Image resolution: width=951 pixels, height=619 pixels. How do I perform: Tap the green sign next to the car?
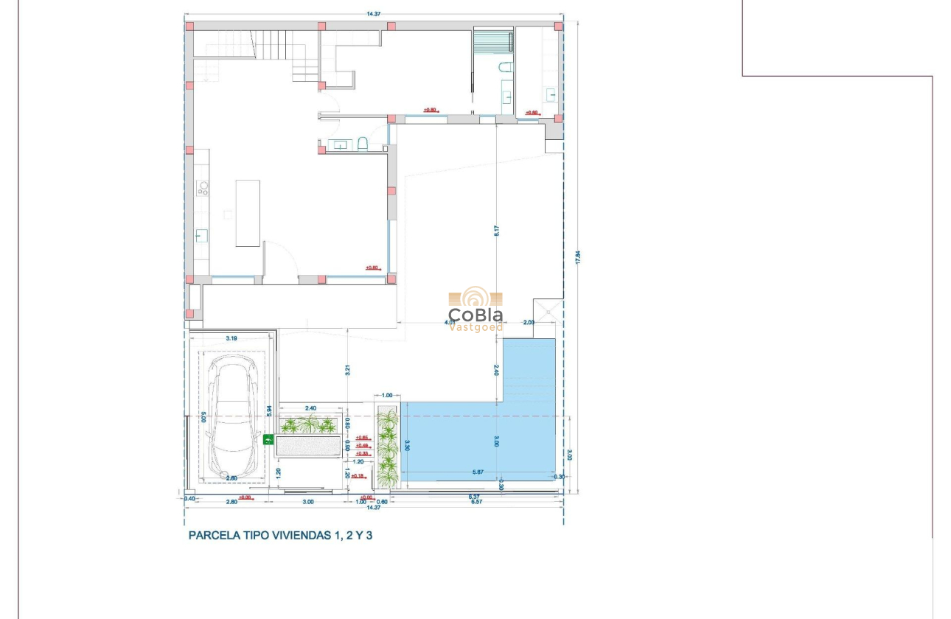[268, 440]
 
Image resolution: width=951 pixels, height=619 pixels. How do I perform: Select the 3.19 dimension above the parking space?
[231, 338]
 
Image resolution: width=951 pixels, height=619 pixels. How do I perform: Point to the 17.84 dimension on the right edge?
[578, 257]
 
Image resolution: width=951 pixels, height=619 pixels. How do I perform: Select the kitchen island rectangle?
[248, 213]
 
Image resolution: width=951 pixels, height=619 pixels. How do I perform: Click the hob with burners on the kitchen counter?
[202, 189]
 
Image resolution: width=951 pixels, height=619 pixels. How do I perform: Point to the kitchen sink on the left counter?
[201, 236]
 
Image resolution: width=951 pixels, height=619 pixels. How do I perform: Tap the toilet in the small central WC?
[363, 144]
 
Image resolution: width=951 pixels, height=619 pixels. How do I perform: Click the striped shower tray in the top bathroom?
[492, 40]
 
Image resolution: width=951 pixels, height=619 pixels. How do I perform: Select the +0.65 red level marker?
[362, 438]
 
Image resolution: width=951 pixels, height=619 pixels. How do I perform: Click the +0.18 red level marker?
[359, 476]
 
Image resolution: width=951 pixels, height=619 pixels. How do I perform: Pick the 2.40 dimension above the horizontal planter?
[310, 408]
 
